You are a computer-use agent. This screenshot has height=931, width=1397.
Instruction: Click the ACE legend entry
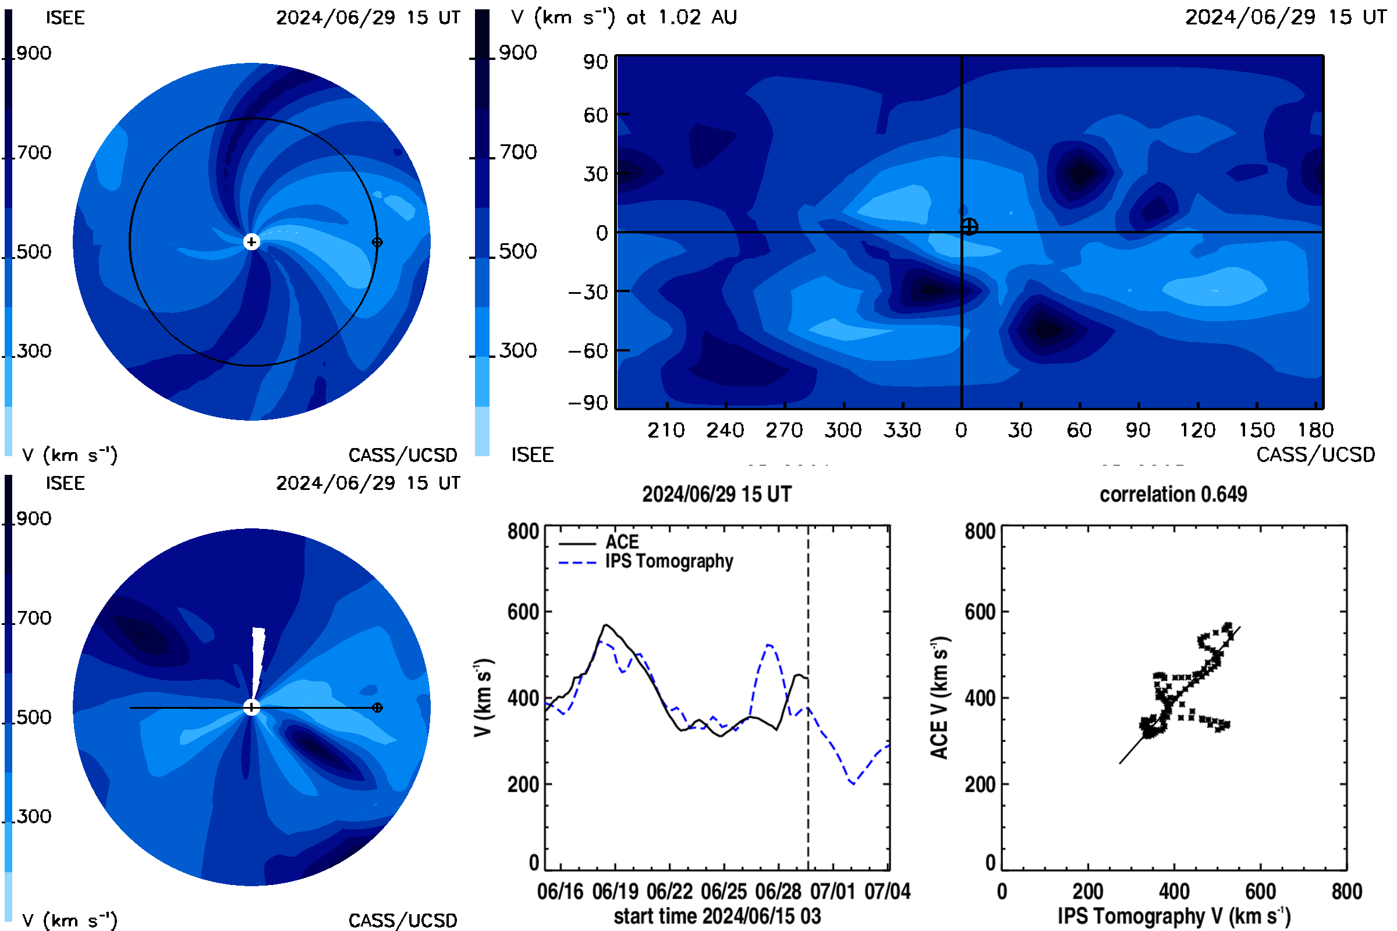click(599, 542)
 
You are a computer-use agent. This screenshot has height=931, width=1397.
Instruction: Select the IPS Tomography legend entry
click(646, 562)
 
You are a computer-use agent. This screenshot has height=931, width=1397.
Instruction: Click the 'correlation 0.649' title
click(1173, 495)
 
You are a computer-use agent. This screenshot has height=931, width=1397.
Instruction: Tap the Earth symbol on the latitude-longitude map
click(969, 226)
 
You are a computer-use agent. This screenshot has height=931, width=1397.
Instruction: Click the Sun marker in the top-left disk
click(252, 241)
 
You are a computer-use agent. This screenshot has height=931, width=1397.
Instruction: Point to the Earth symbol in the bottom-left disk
click(377, 708)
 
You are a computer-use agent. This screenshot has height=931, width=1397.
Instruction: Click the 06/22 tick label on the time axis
click(670, 891)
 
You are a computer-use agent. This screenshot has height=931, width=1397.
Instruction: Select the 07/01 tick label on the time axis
click(833, 891)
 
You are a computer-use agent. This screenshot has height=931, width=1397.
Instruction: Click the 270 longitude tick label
click(784, 430)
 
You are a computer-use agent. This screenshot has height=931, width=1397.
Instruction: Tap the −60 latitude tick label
click(588, 351)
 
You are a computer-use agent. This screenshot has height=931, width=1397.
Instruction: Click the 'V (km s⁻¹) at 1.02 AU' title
click(624, 17)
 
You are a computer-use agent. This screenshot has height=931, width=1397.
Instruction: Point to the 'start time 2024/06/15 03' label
click(717, 916)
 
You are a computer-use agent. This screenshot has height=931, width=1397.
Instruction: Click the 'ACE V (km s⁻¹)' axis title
click(939, 698)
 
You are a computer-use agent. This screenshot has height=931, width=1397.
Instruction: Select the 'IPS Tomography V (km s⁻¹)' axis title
click(1174, 916)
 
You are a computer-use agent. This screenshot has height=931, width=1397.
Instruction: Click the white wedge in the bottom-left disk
click(258, 662)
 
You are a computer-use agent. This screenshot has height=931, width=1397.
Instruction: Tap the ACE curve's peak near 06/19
click(605, 624)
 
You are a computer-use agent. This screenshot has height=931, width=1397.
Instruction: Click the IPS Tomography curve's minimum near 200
click(853, 784)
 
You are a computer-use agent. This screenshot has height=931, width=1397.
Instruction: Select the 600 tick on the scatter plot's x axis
click(1260, 891)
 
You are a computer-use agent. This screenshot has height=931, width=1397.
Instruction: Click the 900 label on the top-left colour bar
click(34, 53)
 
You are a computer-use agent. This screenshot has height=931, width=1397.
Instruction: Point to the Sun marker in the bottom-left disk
click(252, 707)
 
